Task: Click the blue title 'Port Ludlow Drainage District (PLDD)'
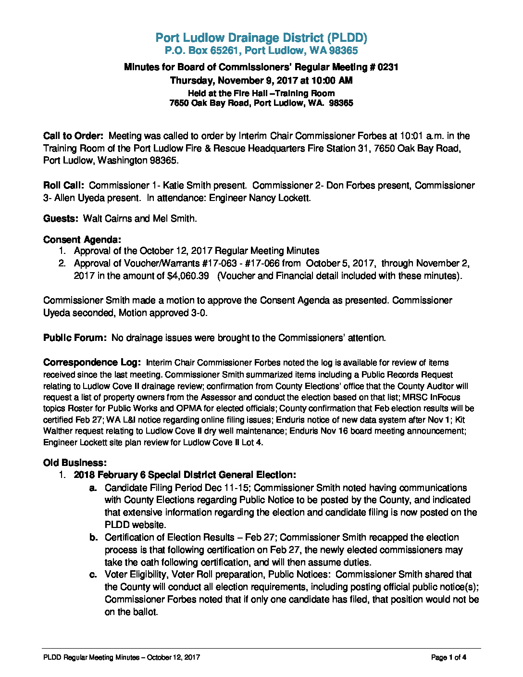tap(261, 38)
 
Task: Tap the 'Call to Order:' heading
tap(73, 136)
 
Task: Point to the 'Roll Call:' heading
tap(63, 186)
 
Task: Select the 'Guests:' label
tap(61, 219)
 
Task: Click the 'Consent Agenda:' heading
tap(82, 239)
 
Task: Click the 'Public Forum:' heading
tap(75, 338)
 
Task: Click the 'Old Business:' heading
tap(75, 463)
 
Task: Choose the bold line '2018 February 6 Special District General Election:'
tap(185, 475)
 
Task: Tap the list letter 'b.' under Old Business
tap(94, 538)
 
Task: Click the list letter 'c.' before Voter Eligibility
tap(94, 575)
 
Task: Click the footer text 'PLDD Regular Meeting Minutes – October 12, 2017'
tap(121, 657)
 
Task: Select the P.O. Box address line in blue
tap(261, 50)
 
